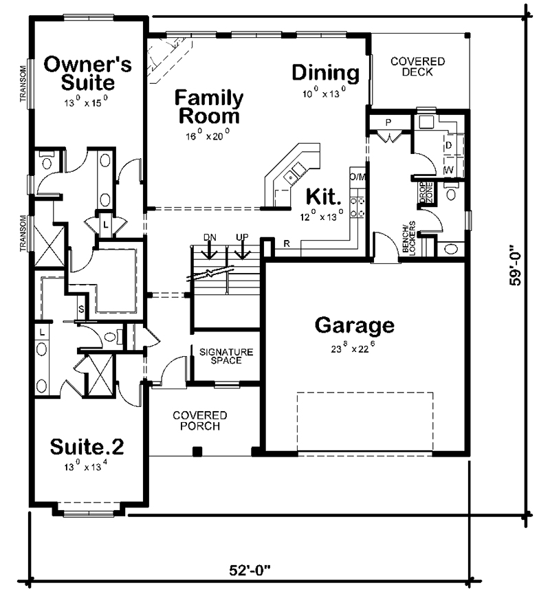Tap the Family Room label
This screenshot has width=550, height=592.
point(208,106)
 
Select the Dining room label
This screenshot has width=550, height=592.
point(325,73)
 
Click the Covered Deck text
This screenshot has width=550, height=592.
point(417,67)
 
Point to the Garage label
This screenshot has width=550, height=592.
point(354,325)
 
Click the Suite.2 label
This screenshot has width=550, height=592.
point(87,447)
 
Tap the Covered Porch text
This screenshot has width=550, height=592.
point(200,421)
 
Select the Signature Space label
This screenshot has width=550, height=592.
point(226,356)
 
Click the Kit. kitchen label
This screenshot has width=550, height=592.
point(324,198)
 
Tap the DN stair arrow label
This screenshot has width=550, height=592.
point(210,237)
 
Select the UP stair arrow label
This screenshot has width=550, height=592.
point(242,237)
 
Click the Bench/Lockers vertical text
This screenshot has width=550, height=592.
point(409,241)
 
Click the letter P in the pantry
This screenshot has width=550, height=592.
point(388,122)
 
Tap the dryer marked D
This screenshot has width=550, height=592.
point(448,145)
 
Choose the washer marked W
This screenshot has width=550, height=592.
point(448,168)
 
